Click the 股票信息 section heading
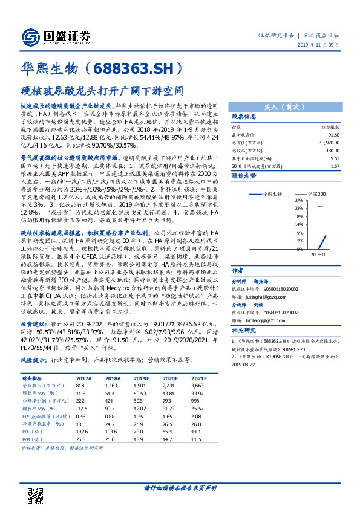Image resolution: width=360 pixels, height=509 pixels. (244, 117)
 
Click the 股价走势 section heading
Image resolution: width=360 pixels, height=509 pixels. (244, 175)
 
